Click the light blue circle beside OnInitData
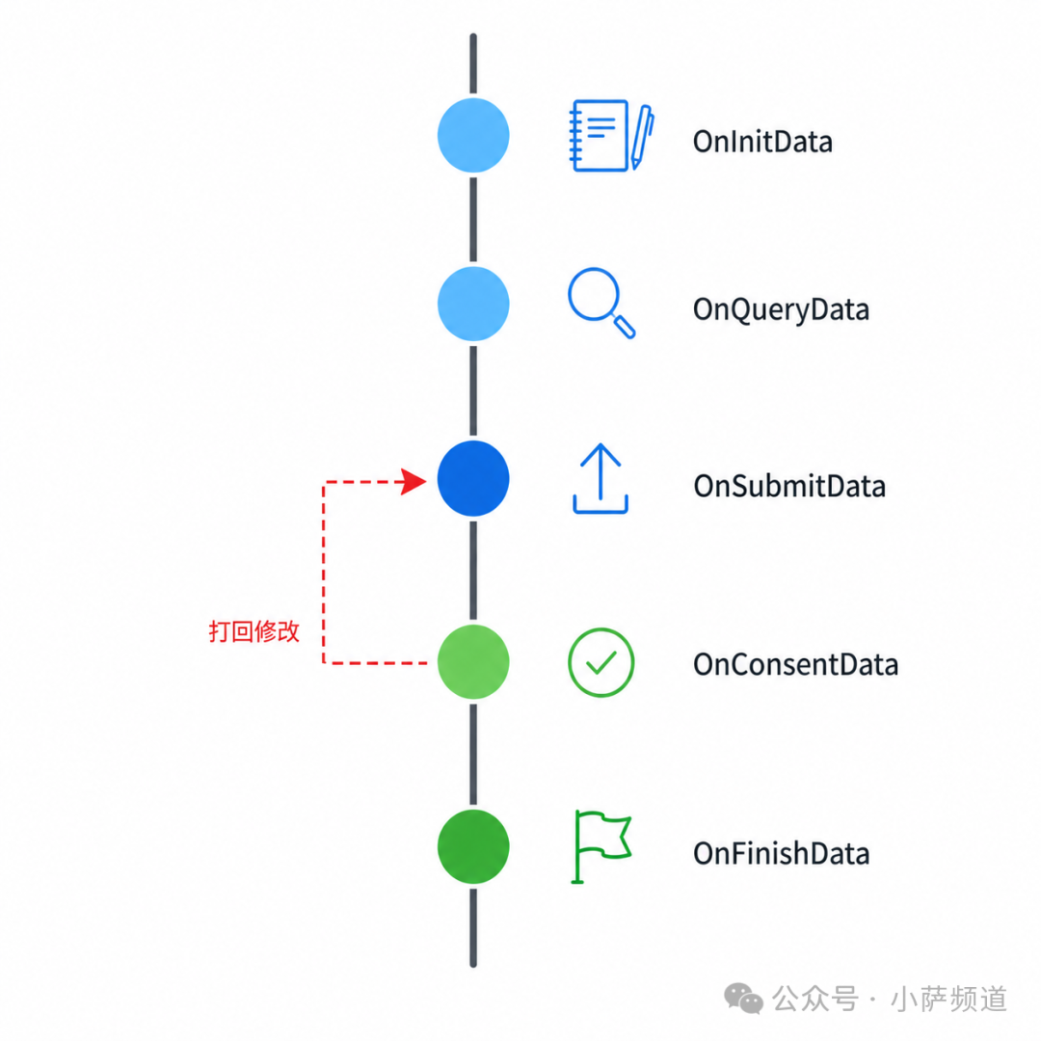(473, 136)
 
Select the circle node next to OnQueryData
(473, 304)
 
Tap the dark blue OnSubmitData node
(473, 479)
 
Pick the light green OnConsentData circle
(473, 662)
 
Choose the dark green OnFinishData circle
(473, 846)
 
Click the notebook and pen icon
(612, 136)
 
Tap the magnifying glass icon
(601, 304)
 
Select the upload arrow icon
(601, 479)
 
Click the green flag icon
(601, 846)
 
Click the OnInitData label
(762, 142)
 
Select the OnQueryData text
(781, 310)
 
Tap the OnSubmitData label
(789, 486)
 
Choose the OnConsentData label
(795, 664)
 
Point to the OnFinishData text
(782, 853)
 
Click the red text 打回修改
(254, 631)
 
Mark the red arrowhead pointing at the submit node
(414, 481)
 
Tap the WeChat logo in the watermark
(743, 999)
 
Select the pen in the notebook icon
(642, 137)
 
